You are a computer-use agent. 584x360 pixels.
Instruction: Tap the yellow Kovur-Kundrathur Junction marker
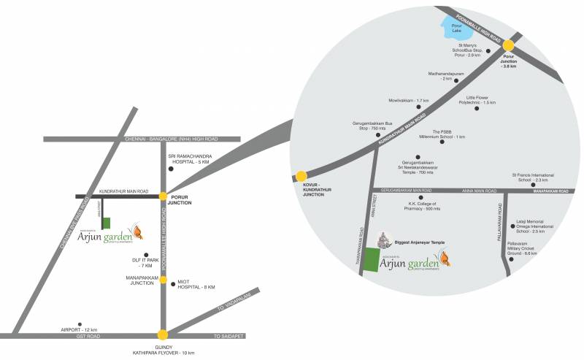[301, 176]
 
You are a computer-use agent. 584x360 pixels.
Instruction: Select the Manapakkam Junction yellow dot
[164, 280]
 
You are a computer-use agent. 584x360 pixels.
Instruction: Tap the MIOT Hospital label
[196, 286]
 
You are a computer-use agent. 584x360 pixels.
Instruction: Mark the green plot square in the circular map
[372, 258]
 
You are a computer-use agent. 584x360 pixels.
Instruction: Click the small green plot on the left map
[107, 224]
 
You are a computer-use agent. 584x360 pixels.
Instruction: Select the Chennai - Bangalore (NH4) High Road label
[171, 138]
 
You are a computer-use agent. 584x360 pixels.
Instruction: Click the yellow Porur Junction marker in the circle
[509, 45]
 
